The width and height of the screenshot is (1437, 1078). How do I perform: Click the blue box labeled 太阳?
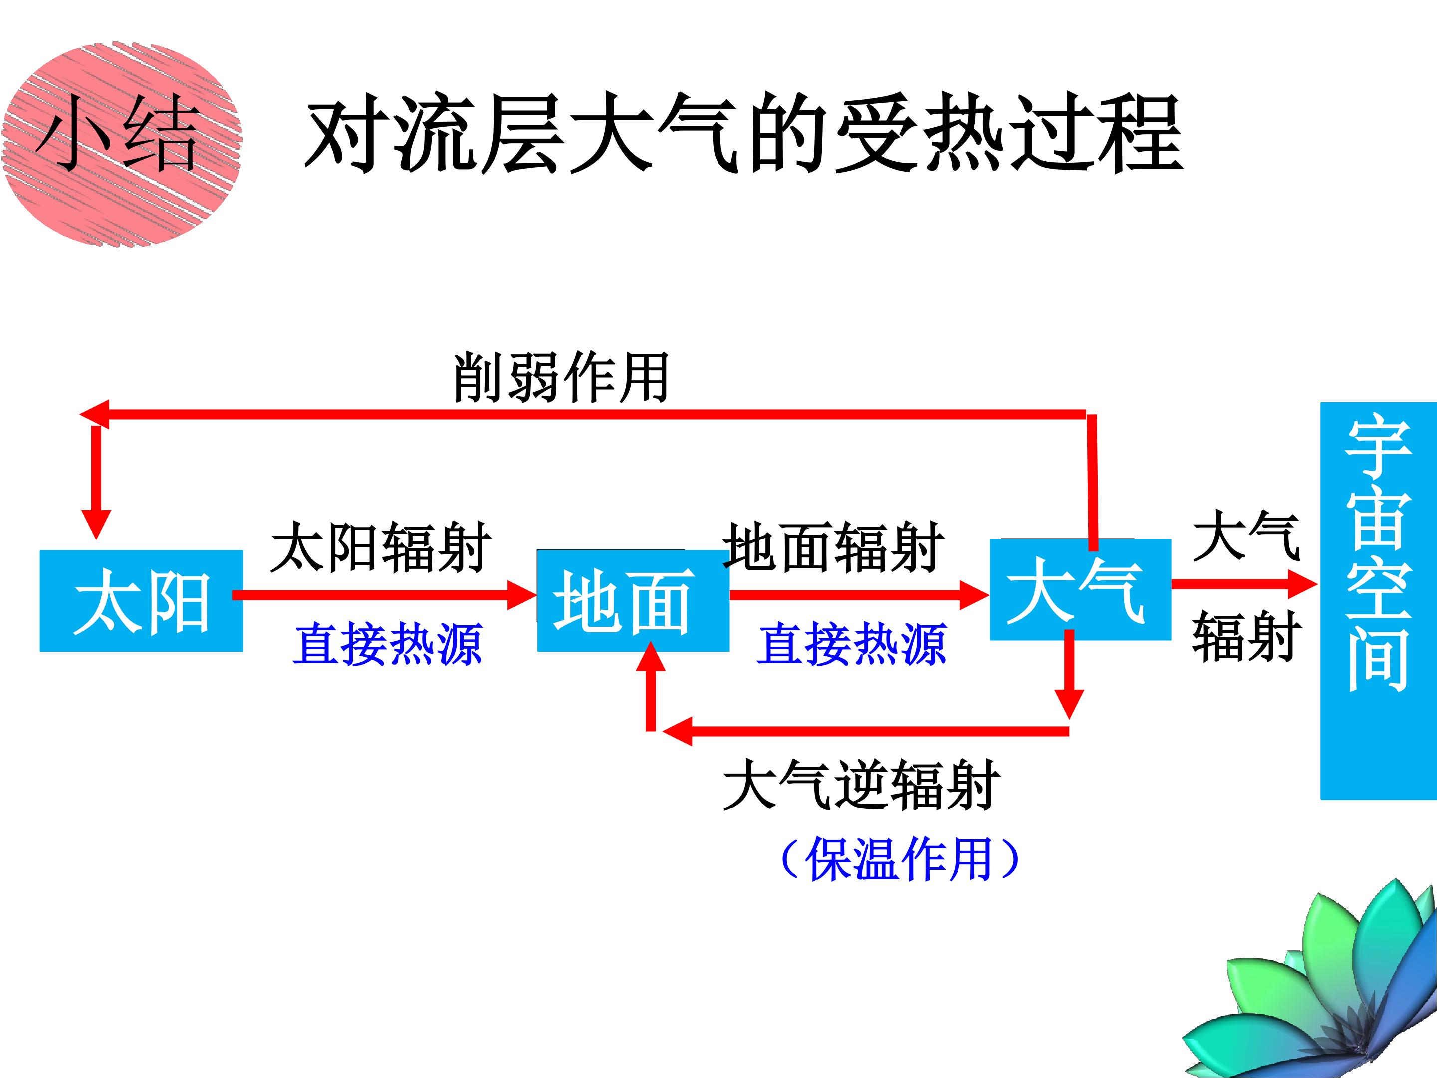[x=142, y=601]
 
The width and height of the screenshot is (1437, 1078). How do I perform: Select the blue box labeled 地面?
[x=633, y=601]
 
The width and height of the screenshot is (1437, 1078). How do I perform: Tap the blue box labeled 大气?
[x=1080, y=589]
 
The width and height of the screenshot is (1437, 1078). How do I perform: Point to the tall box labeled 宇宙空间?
[x=1379, y=601]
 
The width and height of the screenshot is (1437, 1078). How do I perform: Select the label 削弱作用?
[x=561, y=377]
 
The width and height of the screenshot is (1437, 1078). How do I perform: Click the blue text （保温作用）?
[x=899, y=858]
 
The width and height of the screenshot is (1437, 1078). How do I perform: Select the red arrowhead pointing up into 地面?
[x=651, y=656]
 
